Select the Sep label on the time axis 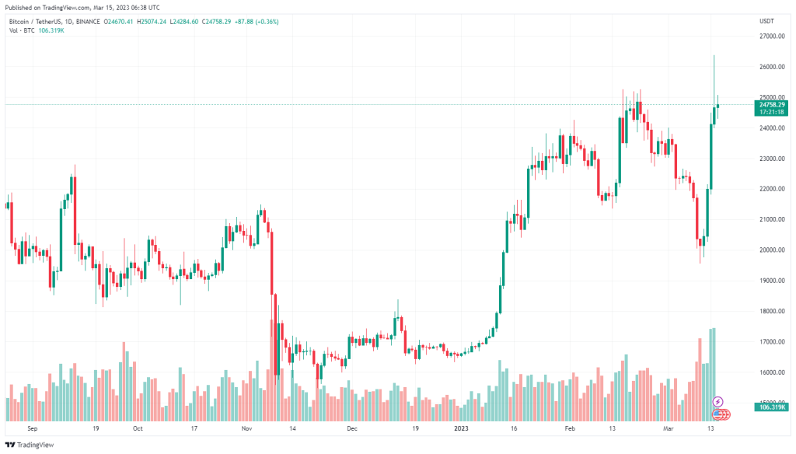[x=32, y=428]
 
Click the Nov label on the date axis [x=247, y=428]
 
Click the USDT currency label [x=766, y=21]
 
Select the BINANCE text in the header [x=86, y=21]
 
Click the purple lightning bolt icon [x=717, y=401]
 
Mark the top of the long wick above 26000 [x=714, y=55]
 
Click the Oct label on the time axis [x=138, y=428]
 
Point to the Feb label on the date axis [x=570, y=428]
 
